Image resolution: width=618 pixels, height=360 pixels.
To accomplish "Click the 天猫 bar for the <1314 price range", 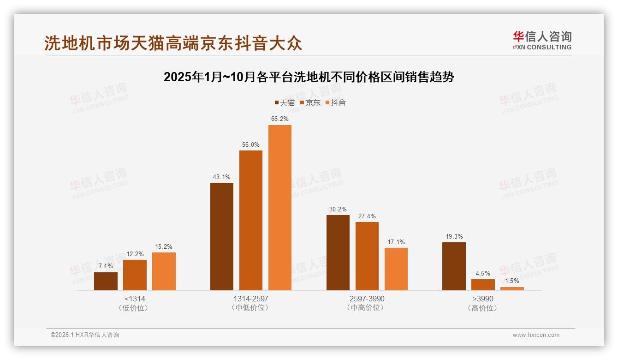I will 106,281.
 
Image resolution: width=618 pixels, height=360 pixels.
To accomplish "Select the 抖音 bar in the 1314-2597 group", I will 280,208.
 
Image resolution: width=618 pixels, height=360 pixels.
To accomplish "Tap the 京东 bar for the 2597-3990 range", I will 367,256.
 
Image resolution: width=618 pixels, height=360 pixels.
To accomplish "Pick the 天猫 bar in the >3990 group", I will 454,266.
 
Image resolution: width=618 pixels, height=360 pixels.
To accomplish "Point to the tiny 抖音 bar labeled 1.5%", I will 512,288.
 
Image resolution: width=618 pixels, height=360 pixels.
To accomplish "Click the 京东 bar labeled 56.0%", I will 251,220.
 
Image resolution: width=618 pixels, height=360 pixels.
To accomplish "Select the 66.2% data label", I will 280,119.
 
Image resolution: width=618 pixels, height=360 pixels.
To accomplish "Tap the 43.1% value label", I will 222,177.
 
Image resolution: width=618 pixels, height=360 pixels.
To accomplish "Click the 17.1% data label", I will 396,242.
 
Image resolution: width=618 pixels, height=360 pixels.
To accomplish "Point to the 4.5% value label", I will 483,273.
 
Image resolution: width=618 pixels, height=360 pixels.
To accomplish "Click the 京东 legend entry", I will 310,103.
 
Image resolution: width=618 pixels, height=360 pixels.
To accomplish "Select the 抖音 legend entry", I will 335,103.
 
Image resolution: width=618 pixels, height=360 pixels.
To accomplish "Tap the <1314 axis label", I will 135,299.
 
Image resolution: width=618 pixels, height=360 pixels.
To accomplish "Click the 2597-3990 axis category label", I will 367,299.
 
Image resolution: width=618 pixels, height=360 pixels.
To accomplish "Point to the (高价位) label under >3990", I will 483,308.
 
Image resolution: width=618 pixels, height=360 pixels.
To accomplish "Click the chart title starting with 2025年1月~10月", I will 309,77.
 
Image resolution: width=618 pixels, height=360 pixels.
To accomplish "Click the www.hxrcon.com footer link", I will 536,335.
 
